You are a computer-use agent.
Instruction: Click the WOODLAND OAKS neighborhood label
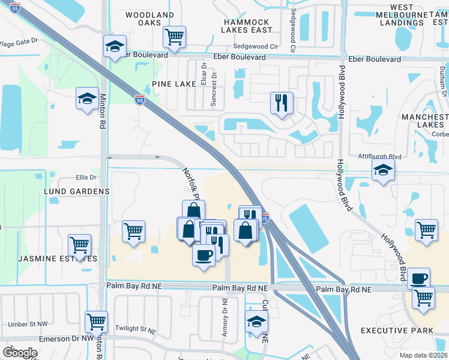click(x=150, y=19)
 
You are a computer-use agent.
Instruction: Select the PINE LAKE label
click(x=174, y=84)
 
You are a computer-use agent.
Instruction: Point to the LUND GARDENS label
click(x=77, y=191)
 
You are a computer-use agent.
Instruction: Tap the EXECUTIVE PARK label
click(x=397, y=331)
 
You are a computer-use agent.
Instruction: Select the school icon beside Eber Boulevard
click(x=114, y=46)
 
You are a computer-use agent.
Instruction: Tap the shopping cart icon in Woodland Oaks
click(x=174, y=37)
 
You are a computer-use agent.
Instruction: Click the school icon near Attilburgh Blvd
click(x=383, y=171)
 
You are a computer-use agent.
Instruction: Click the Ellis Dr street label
click(x=86, y=178)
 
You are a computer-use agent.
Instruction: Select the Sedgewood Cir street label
click(x=256, y=46)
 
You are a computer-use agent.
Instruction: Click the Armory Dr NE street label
click(x=225, y=318)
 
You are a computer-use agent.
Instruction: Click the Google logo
click(x=20, y=352)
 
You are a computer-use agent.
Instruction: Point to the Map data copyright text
click(x=424, y=355)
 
